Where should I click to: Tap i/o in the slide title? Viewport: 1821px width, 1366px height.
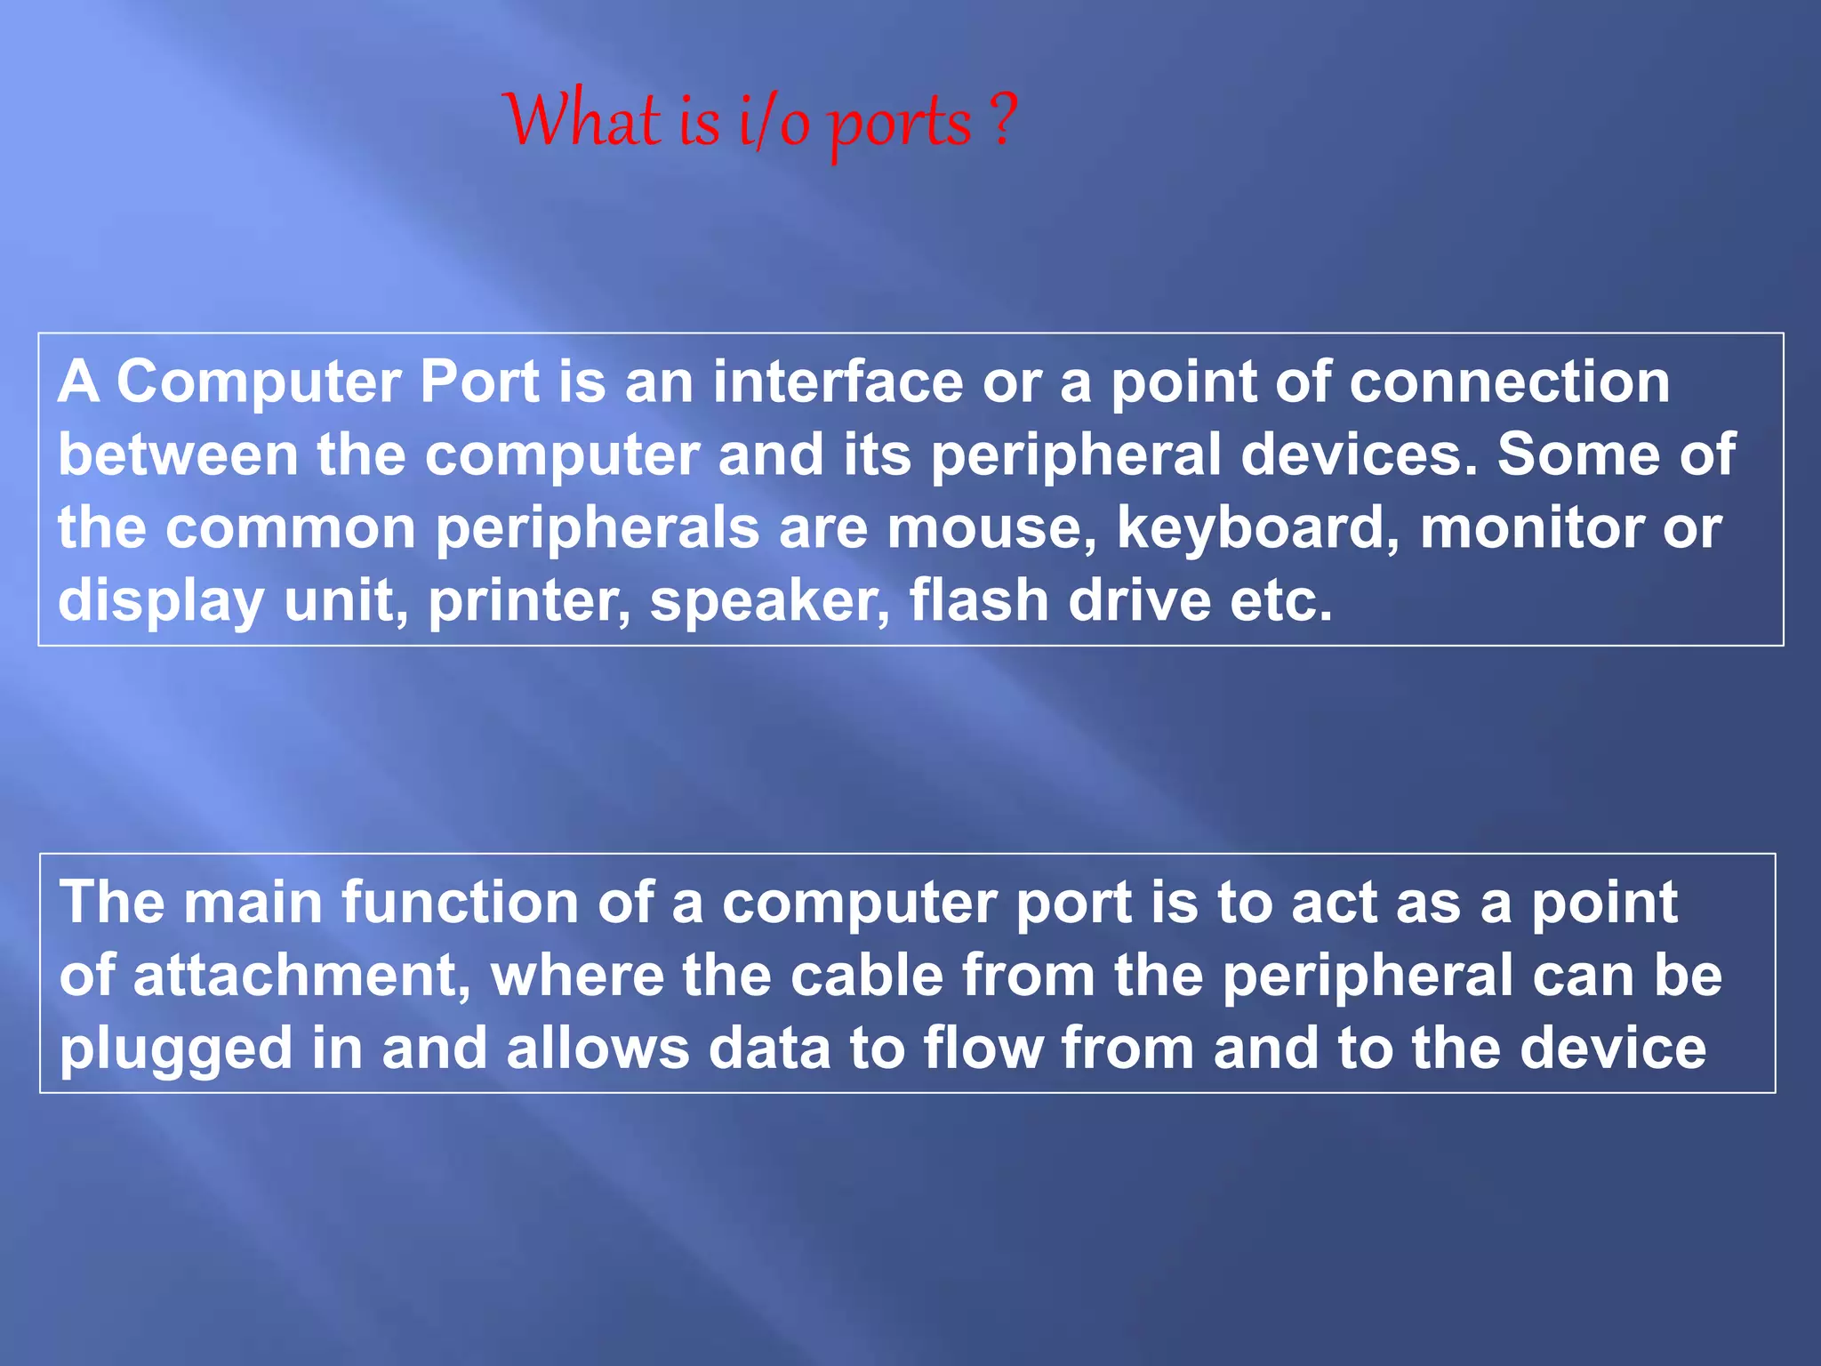(x=774, y=125)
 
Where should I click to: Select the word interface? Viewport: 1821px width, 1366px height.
(x=838, y=382)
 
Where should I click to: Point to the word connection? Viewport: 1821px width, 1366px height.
(x=1509, y=382)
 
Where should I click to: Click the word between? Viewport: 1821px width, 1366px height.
(x=178, y=454)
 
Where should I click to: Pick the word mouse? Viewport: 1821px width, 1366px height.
(x=991, y=527)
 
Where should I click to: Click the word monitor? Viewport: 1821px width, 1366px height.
(x=1531, y=527)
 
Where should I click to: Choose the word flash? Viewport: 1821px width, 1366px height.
(x=978, y=600)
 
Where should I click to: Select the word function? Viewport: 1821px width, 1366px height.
(x=460, y=903)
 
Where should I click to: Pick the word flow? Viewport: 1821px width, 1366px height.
(x=983, y=1049)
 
